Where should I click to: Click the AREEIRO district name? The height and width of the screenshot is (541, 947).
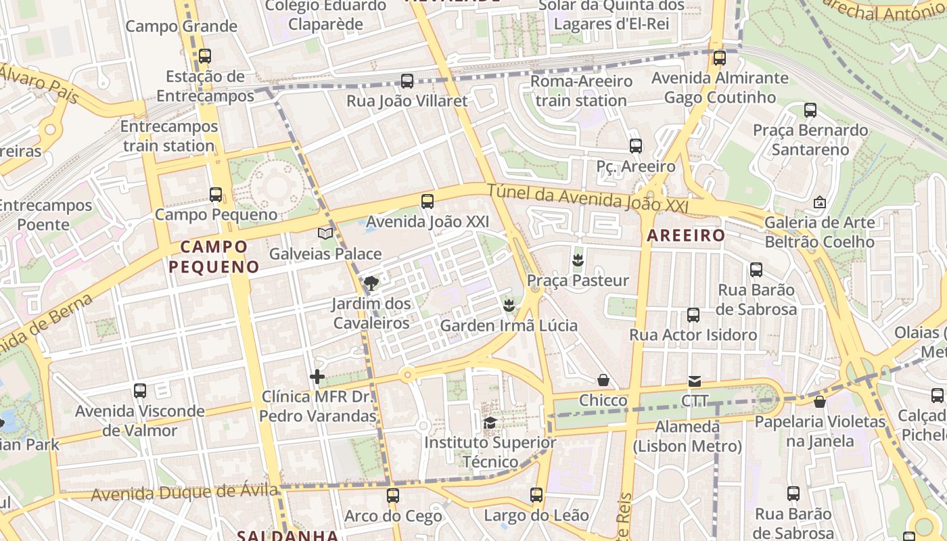click(686, 235)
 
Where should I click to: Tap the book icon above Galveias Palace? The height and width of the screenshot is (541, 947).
click(325, 233)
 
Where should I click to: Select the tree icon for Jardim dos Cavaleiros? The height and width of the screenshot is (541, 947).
click(371, 283)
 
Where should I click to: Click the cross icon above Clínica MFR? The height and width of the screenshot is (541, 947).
click(317, 377)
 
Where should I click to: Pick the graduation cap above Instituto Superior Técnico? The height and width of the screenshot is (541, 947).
click(489, 423)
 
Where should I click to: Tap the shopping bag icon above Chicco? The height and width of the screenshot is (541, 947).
click(603, 381)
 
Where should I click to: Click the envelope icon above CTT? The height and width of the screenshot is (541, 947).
click(695, 381)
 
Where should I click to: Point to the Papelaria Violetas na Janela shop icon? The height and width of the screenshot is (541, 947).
click(820, 402)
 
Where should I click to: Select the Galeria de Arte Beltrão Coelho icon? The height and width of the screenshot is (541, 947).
click(819, 202)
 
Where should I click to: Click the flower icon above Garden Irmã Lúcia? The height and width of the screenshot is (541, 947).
click(509, 306)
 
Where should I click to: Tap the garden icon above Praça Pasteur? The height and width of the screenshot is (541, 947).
click(578, 260)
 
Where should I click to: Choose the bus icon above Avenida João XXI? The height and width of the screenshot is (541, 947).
click(427, 201)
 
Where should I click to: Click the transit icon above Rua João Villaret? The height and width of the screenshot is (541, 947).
click(407, 81)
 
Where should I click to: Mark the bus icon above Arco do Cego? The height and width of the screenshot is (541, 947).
click(393, 496)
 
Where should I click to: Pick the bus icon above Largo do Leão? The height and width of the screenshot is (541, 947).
click(536, 495)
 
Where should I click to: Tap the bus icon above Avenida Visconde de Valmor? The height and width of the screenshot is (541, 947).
click(140, 390)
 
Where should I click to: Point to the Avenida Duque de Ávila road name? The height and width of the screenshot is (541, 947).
click(184, 492)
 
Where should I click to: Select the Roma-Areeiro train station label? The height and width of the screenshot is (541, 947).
click(582, 91)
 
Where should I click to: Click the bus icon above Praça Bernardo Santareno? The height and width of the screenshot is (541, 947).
click(810, 110)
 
